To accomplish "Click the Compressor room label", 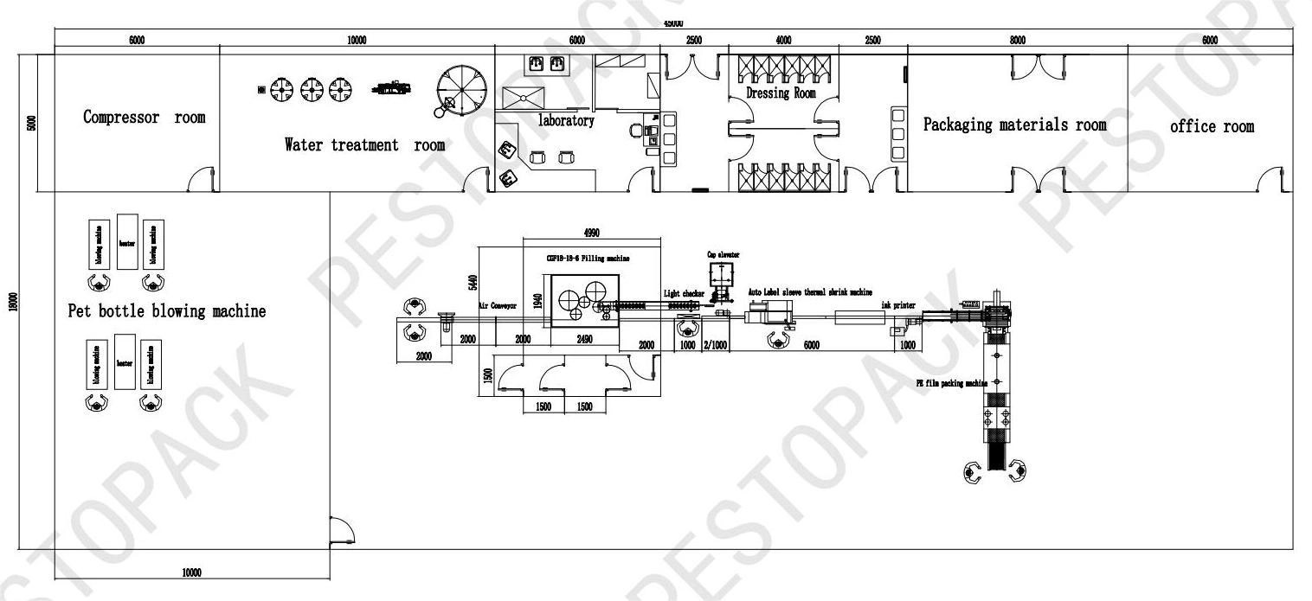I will pos(145,118).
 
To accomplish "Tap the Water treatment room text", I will pos(364,145).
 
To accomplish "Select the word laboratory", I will pos(566,121).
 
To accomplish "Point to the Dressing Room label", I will pos(781,93).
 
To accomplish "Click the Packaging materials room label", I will pos(1014,125).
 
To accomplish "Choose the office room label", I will pos(1212,126).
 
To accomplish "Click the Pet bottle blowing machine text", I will pos(167,311).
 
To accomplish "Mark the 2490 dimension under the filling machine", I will pos(584,340).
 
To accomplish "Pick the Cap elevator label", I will pos(723,254).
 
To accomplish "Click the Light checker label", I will pos(684,294).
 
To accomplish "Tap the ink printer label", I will pos(898,305).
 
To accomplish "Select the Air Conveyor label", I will pos(498,305).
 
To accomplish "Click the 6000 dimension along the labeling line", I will pos(811,345).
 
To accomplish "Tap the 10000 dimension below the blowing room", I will pos(191,572).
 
